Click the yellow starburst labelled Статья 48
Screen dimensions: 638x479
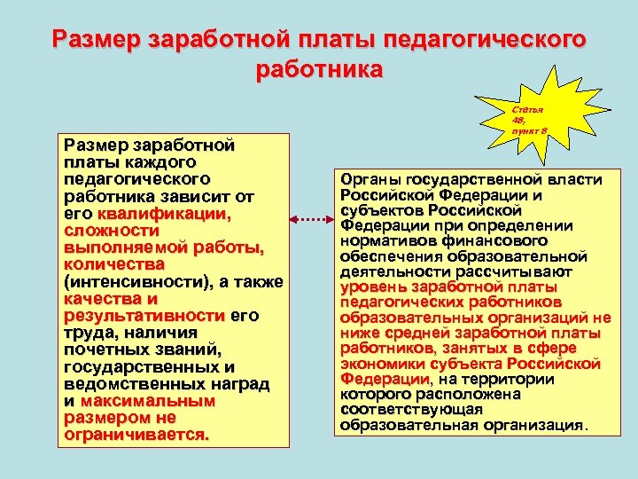point(530,116)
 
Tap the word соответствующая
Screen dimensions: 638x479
point(411,409)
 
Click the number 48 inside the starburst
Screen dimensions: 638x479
point(518,120)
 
